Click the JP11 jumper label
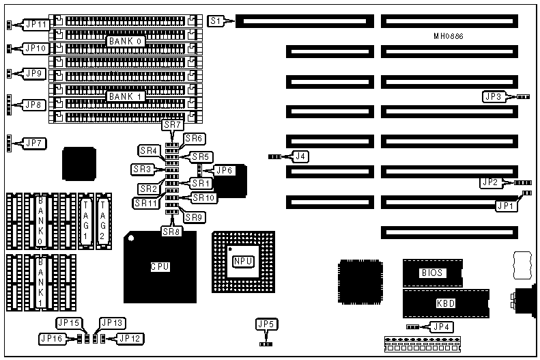pyautogui.click(x=35, y=25)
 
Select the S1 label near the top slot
pyautogui.click(x=216, y=21)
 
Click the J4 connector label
pyautogui.click(x=300, y=156)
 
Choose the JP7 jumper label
pyautogui.click(x=35, y=143)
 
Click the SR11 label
pyautogui.click(x=146, y=203)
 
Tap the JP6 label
pyautogui.click(x=225, y=170)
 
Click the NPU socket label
pyautogui.click(x=244, y=261)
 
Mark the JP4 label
pyautogui.click(x=442, y=327)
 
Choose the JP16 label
pyautogui.click(x=52, y=337)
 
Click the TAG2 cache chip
pyautogui.click(x=104, y=210)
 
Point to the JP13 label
pyautogui.click(x=113, y=323)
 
